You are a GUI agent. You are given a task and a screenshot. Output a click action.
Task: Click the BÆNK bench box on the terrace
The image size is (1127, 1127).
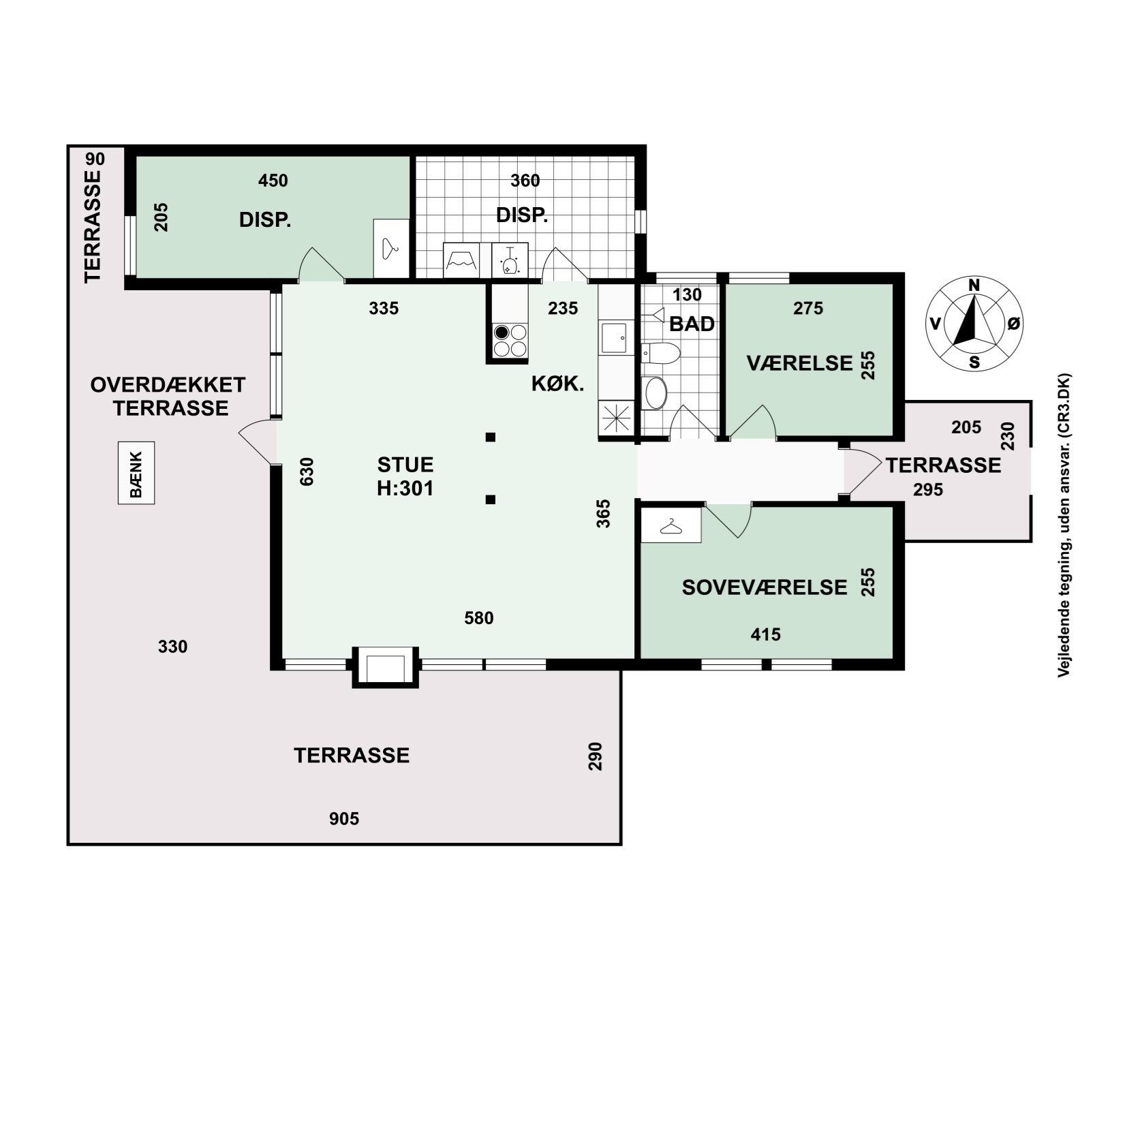136,473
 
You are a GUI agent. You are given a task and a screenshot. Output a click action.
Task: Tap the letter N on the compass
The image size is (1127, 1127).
974,285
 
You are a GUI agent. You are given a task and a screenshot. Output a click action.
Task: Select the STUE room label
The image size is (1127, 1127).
405,465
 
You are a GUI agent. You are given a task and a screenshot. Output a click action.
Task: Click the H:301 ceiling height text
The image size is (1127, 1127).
405,489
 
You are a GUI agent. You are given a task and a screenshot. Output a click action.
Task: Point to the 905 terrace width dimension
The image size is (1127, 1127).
344,819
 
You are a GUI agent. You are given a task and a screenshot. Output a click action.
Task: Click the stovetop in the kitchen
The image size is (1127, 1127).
510,341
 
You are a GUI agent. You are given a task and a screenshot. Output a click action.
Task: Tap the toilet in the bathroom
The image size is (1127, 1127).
661,353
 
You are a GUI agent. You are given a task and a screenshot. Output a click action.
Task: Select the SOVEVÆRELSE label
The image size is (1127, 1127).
765,587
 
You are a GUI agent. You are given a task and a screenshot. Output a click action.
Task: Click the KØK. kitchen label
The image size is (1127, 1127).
557,384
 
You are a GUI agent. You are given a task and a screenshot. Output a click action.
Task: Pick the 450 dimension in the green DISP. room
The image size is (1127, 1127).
273,181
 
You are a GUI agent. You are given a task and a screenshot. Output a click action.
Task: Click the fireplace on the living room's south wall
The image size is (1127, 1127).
386,666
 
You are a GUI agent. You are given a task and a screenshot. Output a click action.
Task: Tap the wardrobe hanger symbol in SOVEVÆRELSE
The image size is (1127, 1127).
671,526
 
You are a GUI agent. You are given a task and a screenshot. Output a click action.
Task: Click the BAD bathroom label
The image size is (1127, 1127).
692,324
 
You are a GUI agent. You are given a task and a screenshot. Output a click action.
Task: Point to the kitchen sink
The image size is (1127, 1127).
613,338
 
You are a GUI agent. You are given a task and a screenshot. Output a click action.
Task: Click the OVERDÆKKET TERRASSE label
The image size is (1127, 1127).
168,397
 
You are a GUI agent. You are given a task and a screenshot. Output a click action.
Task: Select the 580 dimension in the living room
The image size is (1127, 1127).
479,618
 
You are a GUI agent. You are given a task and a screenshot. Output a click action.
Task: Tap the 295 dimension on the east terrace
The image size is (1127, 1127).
928,490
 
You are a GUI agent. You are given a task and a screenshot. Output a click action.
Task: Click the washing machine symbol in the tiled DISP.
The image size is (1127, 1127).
461,260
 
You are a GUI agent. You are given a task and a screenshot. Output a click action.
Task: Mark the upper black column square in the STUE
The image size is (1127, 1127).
490,437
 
